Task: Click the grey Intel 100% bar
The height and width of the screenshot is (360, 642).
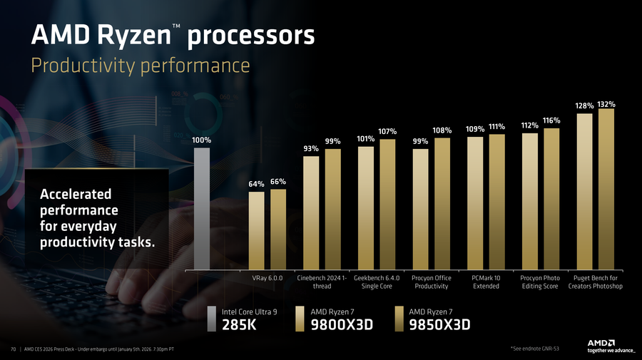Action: pos(202,208)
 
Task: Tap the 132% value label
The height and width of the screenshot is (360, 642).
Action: pos(606,104)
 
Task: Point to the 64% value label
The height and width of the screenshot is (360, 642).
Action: pos(256,185)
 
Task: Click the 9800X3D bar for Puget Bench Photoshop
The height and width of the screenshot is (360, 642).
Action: pos(584,191)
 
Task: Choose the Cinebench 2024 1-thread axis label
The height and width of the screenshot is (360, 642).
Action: pos(322,282)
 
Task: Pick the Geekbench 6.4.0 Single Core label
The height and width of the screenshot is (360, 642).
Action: pos(377,282)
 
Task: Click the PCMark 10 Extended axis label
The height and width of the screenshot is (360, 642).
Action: pos(486,282)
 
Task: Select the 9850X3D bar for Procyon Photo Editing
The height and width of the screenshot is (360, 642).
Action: pos(551,199)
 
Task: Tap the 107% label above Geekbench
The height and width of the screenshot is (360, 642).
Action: pos(387,131)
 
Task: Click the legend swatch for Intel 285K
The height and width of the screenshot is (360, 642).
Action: pos(212,319)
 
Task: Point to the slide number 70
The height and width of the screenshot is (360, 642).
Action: pos(13,349)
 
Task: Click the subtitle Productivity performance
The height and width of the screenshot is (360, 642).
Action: pos(140,66)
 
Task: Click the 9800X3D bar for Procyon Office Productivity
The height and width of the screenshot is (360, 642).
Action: pos(421,210)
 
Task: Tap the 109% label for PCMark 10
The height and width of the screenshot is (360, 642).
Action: pos(475,129)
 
